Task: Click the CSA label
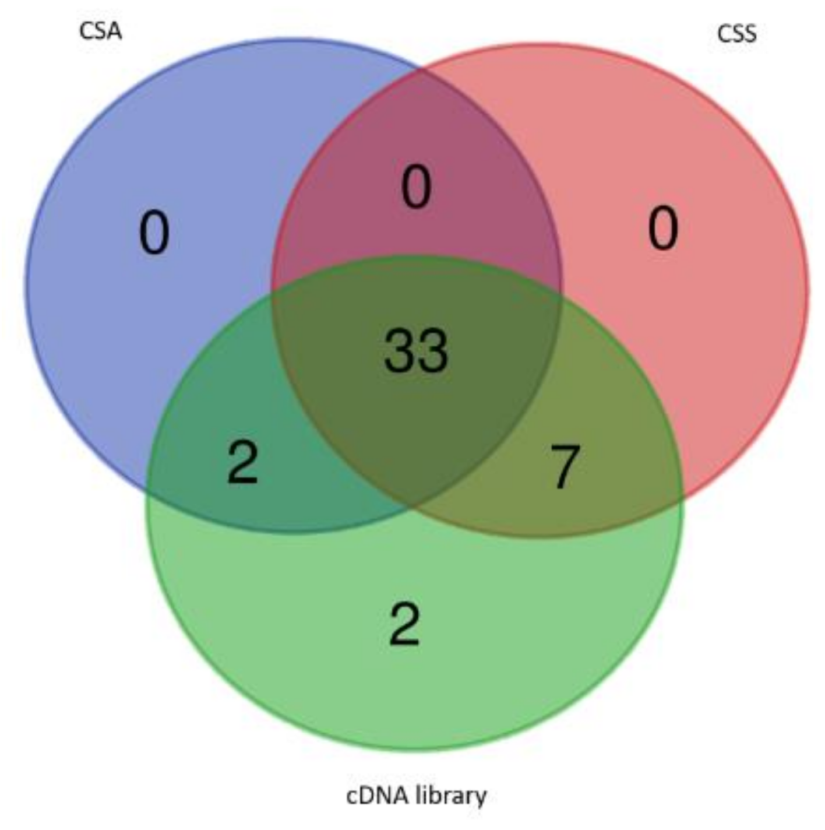[x=100, y=31]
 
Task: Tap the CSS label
[x=736, y=34]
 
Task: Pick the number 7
[x=564, y=466]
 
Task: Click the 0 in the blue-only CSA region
[x=154, y=233]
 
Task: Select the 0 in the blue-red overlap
[x=416, y=187]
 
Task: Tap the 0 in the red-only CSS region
[x=663, y=229]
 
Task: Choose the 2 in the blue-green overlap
[x=242, y=463]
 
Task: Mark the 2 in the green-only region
[x=404, y=625]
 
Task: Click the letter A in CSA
[x=114, y=31]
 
